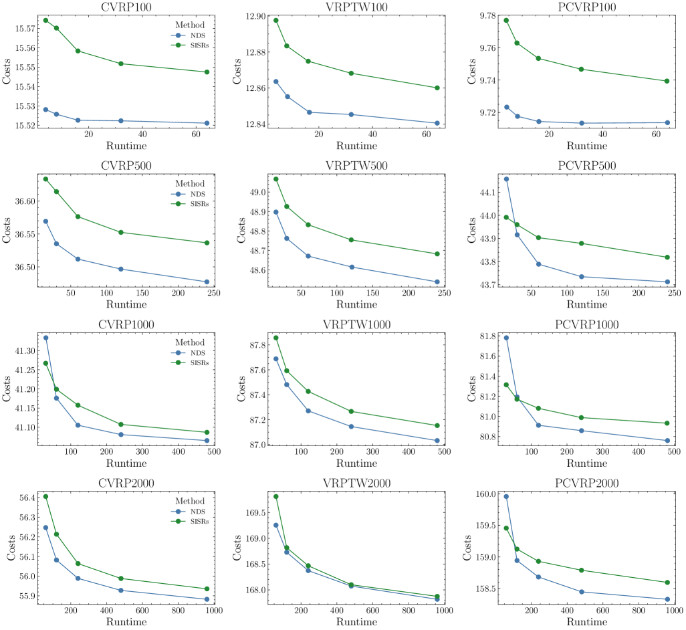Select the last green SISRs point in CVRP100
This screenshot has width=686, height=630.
pyautogui.click(x=207, y=72)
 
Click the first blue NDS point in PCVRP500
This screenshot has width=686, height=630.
pyautogui.click(x=506, y=179)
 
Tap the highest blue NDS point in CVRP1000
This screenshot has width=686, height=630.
pyautogui.click(x=45, y=338)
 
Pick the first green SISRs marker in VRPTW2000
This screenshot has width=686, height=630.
pyautogui.click(x=276, y=496)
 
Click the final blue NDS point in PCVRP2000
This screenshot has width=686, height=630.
pyautogui.click(x=667, y=599)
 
